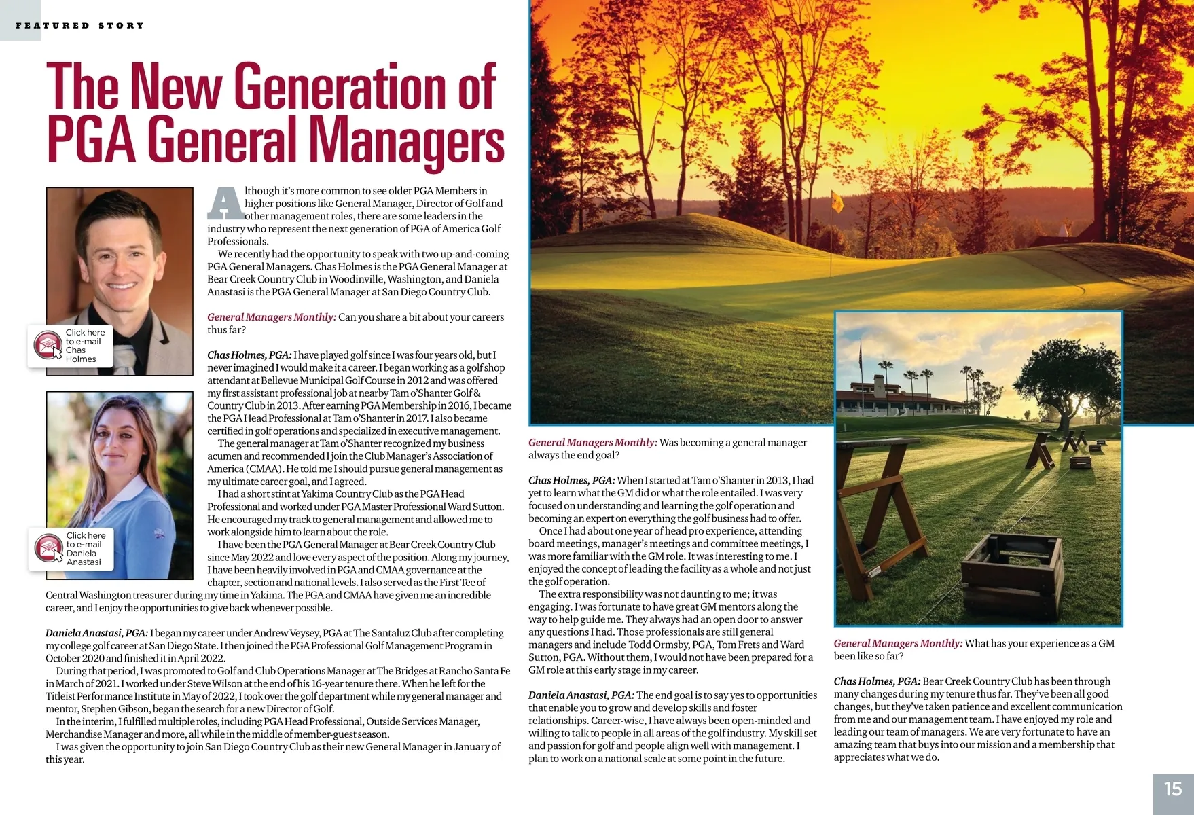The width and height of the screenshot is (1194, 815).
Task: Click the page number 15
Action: [x=1173, y=789]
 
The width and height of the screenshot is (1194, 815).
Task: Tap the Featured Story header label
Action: [x=80, y=26]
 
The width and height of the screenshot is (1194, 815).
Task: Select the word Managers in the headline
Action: [x=407, y=141]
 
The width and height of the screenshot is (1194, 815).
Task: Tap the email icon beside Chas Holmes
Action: [x=48, y=345]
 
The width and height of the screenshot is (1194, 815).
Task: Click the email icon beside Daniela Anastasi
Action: [x=48, y=548]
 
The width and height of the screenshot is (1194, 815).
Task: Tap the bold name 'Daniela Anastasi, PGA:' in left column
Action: [x=96, y=633]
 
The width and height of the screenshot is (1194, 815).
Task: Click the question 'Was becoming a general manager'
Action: [x=733, y=443]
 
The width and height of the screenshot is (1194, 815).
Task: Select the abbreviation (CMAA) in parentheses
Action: [x=262, y=469]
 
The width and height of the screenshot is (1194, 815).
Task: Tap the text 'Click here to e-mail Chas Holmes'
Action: [x=84, y=346]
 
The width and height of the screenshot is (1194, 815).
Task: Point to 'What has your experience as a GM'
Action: [x=1039, y=644]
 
